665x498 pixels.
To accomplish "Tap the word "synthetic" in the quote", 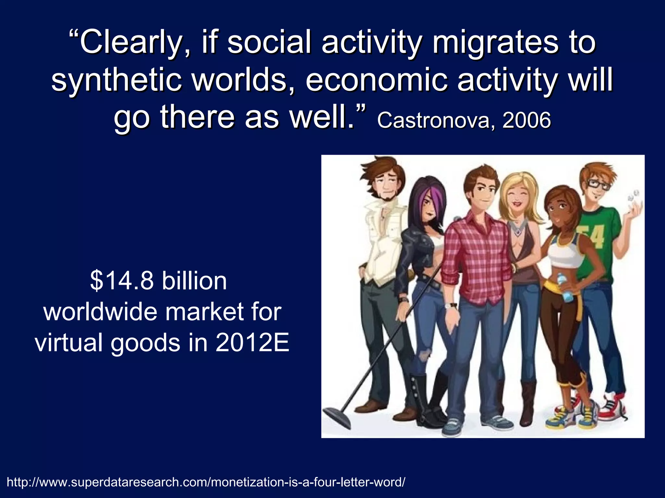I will (x=116, y=80).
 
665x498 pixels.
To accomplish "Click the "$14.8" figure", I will (x=122, y=281).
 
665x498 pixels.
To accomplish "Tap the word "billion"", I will (x=194, y=281).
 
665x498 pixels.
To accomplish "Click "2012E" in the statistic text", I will (x=252, y=343).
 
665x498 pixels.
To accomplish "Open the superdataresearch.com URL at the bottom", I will (x=206, y=482).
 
